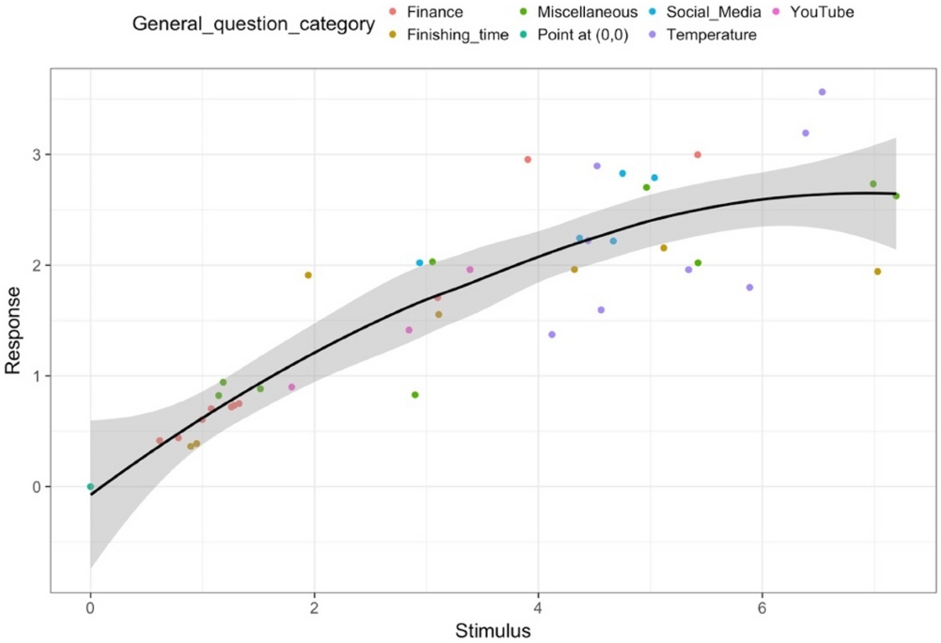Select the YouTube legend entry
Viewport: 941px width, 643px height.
coord(821,13)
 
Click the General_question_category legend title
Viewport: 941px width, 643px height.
coord(253,24)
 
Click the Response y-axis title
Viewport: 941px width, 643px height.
coord(13,330)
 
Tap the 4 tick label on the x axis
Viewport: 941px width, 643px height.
coord(538,610)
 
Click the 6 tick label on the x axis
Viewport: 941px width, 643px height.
coord(761,610)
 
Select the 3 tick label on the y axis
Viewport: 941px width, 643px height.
coord(35,154)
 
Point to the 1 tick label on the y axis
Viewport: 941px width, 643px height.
coord(35,376)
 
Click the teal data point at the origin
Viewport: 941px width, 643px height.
coord(90,487)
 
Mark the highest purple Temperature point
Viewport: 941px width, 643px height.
coord(822,92)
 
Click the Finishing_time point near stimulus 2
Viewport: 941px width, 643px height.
coord(308,275)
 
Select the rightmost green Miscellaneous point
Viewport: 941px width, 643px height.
coord(896,196)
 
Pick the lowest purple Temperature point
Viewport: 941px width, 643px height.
coord(552,335)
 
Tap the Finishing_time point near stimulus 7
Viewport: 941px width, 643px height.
coord(877,271)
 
